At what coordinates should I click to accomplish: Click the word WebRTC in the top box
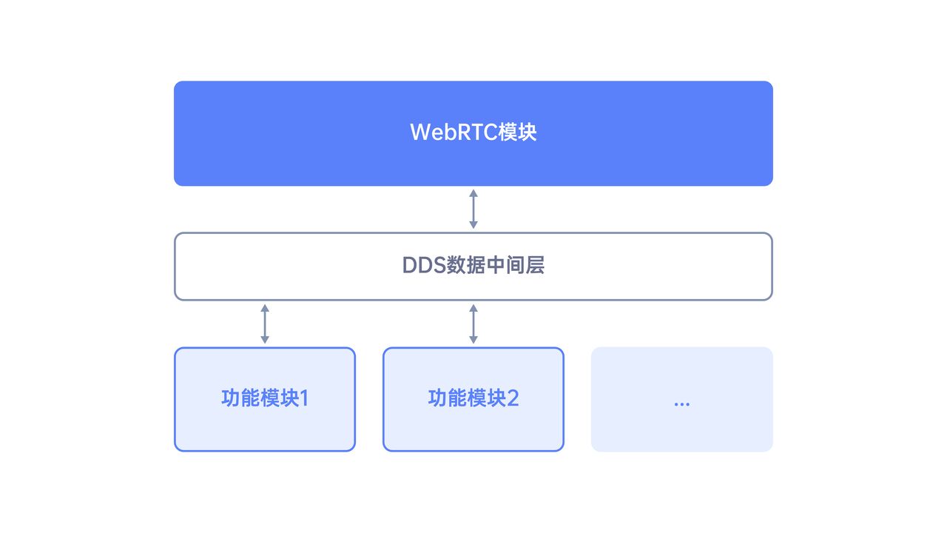click(x=454, y=132)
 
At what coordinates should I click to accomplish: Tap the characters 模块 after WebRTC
click(x=517, y=132)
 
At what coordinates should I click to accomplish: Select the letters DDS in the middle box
click(x=424, y=266)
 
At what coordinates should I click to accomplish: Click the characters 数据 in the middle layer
click(x=466, y=266)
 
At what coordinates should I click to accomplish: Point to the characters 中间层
click(x=516, y=266)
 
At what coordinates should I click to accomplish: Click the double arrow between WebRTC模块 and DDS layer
click(x=473, y=209)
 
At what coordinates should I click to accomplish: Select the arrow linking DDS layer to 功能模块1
click(x=265, y=324)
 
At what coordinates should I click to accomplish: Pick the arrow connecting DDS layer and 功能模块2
click(x=473, y=324)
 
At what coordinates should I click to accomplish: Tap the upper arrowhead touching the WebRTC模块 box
click(x=473, y=193)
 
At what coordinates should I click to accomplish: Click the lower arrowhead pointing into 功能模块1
click(x=265, y=340)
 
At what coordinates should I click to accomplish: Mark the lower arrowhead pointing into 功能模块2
click(x=473, y=340)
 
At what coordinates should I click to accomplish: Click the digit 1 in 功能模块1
click(x=304, y=398)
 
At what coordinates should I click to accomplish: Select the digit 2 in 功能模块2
click(x=513, y=398)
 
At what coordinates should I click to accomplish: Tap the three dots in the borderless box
click(x=682, y=404)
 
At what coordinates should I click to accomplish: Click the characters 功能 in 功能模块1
click(x=240, y=398)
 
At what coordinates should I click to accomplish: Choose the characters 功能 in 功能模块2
click(x=448, y=398)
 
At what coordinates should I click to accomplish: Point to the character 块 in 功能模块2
click(x=496, y=398)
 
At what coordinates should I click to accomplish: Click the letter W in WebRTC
click(x=419, y=132)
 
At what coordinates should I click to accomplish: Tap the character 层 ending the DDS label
click(x=535, y=266)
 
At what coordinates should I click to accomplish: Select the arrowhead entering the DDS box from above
click(x=473, y=225)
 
